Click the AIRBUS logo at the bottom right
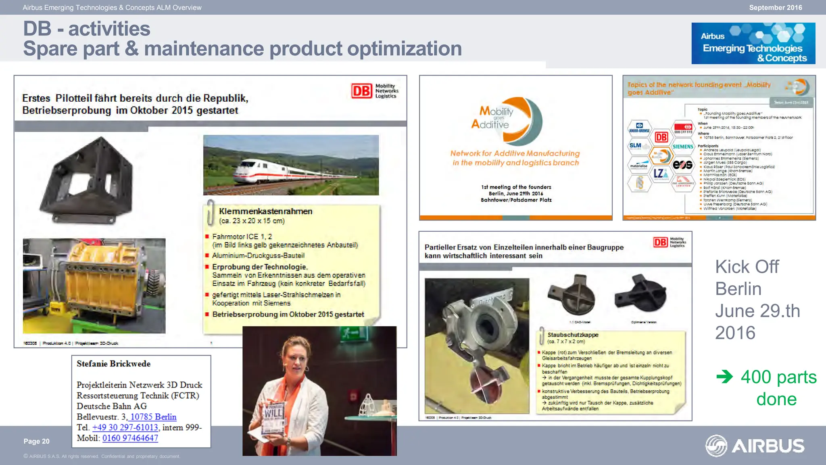point(755,446)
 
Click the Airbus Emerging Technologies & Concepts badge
point(753,43)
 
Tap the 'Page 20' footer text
point(36,441)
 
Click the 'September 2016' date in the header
point(775,7)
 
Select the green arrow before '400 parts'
point(724,377)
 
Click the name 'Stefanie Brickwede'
point(113,364)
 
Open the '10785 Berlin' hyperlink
point(153,417)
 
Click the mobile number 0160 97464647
point(130,438)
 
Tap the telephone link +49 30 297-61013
point(125,427)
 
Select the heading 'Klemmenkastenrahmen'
point(265,211)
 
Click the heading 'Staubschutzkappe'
point(573,335)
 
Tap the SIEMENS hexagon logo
point(683,147)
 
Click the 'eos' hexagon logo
point(682,165)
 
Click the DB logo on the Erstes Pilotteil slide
point(361,91)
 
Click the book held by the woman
point(273,418)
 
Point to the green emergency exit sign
point(349,333)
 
